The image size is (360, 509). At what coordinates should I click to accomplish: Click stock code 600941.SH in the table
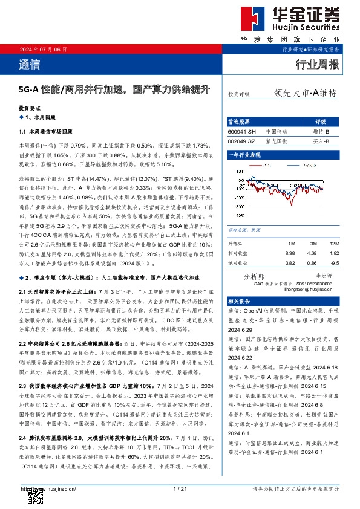[242, 131]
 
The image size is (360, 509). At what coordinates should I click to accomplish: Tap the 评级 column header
[321, 121]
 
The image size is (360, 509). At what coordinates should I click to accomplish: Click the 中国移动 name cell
[277, 131]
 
